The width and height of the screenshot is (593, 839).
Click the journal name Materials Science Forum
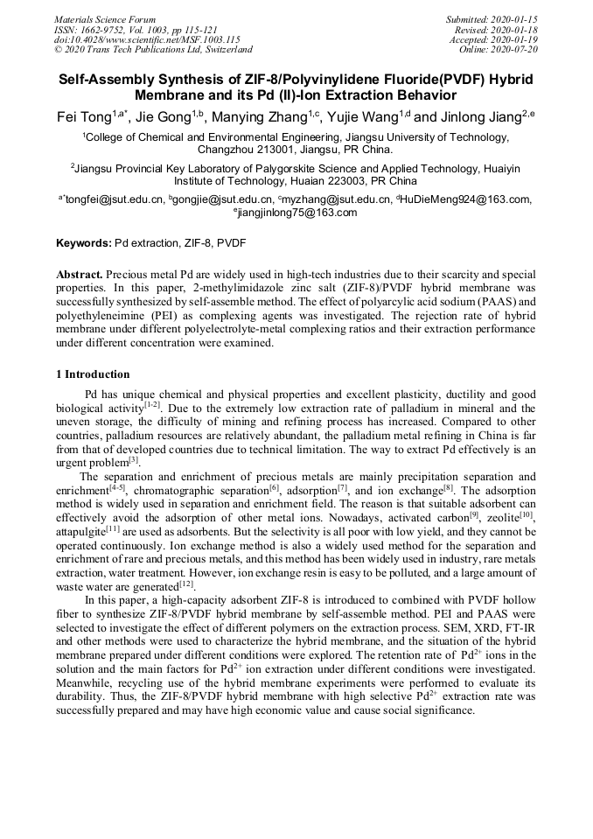(x=105, y=18)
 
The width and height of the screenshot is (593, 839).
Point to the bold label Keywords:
(x=84, y=242)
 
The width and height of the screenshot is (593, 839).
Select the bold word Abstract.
(x=81, y=274)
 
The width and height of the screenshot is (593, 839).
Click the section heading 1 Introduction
(x=94, y=374)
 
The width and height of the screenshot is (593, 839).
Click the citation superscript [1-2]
(x=151, y=405)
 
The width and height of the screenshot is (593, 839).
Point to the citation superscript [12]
(x=187, y=584)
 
